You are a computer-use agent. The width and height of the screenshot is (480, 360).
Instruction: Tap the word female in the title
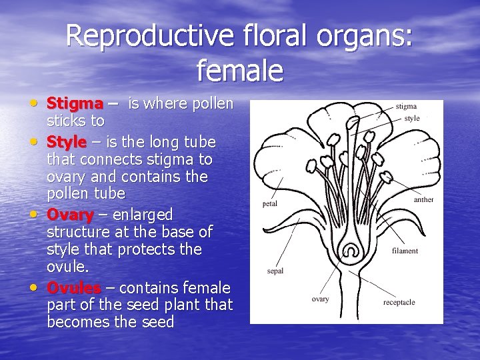pyautogui.click(x=240, y=70)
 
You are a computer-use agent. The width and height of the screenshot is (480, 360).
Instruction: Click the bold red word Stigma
pyautogui.click(x=75, y=104)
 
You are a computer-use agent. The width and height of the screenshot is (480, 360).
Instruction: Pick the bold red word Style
pyautogui.click(x=67, y=142)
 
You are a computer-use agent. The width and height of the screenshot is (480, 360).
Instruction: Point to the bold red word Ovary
pyautogui.click(x=70, y=215)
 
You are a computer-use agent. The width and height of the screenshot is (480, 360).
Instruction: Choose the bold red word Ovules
pyautogui.click(x=74, y=288)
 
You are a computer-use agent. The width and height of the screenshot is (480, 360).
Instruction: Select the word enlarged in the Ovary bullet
pyautogui.click(x=143, y=215)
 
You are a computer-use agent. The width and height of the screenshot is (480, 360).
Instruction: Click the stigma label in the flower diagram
pyautogui.click(x=406, y=106)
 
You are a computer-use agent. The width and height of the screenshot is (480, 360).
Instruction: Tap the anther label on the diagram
pyautogui.click(x=423, y=199)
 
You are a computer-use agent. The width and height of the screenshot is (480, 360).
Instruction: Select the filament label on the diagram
pyautogui.click(x=405, y=251)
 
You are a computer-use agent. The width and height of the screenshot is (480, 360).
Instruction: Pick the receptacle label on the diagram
pyautogui.click(x=399, y=302)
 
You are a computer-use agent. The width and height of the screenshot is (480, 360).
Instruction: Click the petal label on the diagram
pyautogui.click(x=270, y=203)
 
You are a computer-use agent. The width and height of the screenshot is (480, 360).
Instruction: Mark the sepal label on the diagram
pyautogui.click(x=275, y=271)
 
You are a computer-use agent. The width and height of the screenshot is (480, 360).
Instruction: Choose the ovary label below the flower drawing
pyautogui.click(x=320, y=299)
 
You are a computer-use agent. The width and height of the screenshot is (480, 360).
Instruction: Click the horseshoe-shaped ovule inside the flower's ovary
pyautogui.click(x=351, y=251)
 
